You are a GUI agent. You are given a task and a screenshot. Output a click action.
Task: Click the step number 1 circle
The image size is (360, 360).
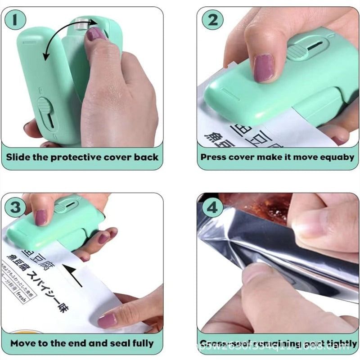[x=16, y=20]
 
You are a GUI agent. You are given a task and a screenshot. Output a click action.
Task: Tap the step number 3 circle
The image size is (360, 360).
[x=16, y=208]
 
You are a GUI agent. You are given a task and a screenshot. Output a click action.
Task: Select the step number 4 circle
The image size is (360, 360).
[x=213, y=208]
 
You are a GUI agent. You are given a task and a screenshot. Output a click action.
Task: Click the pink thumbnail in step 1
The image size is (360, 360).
[x=95, y=34]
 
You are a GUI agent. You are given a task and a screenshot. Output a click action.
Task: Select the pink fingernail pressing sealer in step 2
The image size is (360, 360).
[x=263, y=67]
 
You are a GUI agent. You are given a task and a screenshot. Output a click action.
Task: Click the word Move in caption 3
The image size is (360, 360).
[x=23, y=343]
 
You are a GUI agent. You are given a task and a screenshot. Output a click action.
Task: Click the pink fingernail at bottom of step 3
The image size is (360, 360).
[x=107, y=320]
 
